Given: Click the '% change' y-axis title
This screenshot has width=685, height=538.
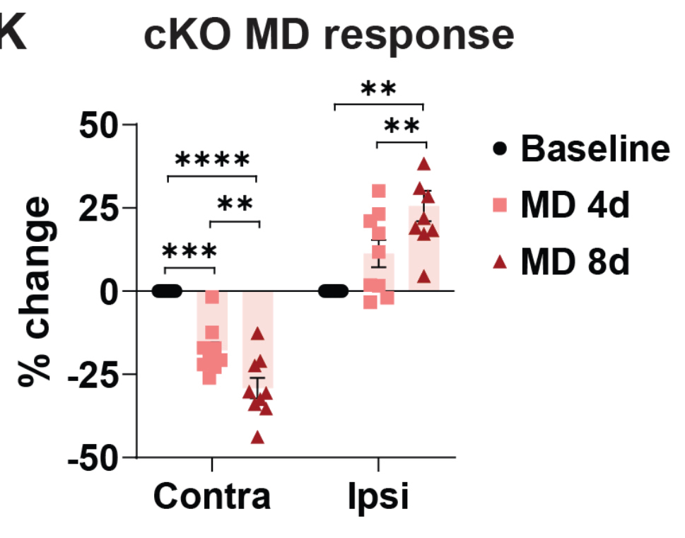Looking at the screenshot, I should point(35,292).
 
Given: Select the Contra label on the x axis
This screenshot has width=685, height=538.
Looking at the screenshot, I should point(212,497).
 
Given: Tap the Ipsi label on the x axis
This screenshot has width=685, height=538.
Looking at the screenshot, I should point(378,497).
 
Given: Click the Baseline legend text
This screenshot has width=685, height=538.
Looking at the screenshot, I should point(595,149).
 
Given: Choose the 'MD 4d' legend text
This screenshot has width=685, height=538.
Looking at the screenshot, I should point(574,206).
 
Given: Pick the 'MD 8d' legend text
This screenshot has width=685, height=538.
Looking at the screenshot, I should point(574,263).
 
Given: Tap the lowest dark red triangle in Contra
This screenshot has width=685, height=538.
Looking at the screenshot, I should point(257,438).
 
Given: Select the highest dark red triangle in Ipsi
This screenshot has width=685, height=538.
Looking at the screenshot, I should point(423,165).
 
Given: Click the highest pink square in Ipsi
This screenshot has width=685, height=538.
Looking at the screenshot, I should point(379,191).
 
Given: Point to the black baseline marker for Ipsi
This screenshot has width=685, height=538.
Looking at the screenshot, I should point(332,291).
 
